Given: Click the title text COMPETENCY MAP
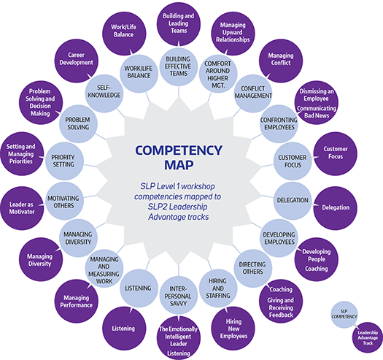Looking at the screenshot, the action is (x=179, y=158).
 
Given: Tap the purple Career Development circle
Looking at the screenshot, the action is (x=76, y=61).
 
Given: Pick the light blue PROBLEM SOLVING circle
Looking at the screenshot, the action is (x=78, y=123).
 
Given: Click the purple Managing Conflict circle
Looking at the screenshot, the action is (x=281, y=61).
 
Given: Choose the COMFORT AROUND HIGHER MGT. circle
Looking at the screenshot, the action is (x=218, y=73).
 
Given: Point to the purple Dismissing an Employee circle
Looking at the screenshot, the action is (x=317, y=102).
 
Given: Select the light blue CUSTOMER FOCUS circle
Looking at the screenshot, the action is (x=293, y=161).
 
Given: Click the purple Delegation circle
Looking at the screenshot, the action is (x=335, y=208).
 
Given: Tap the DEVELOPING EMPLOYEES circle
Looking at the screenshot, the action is (x=279, y=238).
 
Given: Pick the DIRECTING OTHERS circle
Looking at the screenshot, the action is (x=253, y=268).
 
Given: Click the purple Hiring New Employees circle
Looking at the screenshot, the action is (x=233, y=328).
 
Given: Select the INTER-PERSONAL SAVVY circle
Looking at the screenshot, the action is (x=178, y=295).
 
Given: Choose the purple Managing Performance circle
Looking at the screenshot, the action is (x=76, y=301).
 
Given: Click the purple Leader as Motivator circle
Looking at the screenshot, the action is (x=22, y=208).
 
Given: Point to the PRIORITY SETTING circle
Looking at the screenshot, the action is (x=64, y=161).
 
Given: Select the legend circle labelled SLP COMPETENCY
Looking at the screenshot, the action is (x=344, y=314).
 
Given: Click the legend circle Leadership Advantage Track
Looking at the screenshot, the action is (x=368, y=337).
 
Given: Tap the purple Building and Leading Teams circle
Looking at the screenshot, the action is (x=179, y=23).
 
